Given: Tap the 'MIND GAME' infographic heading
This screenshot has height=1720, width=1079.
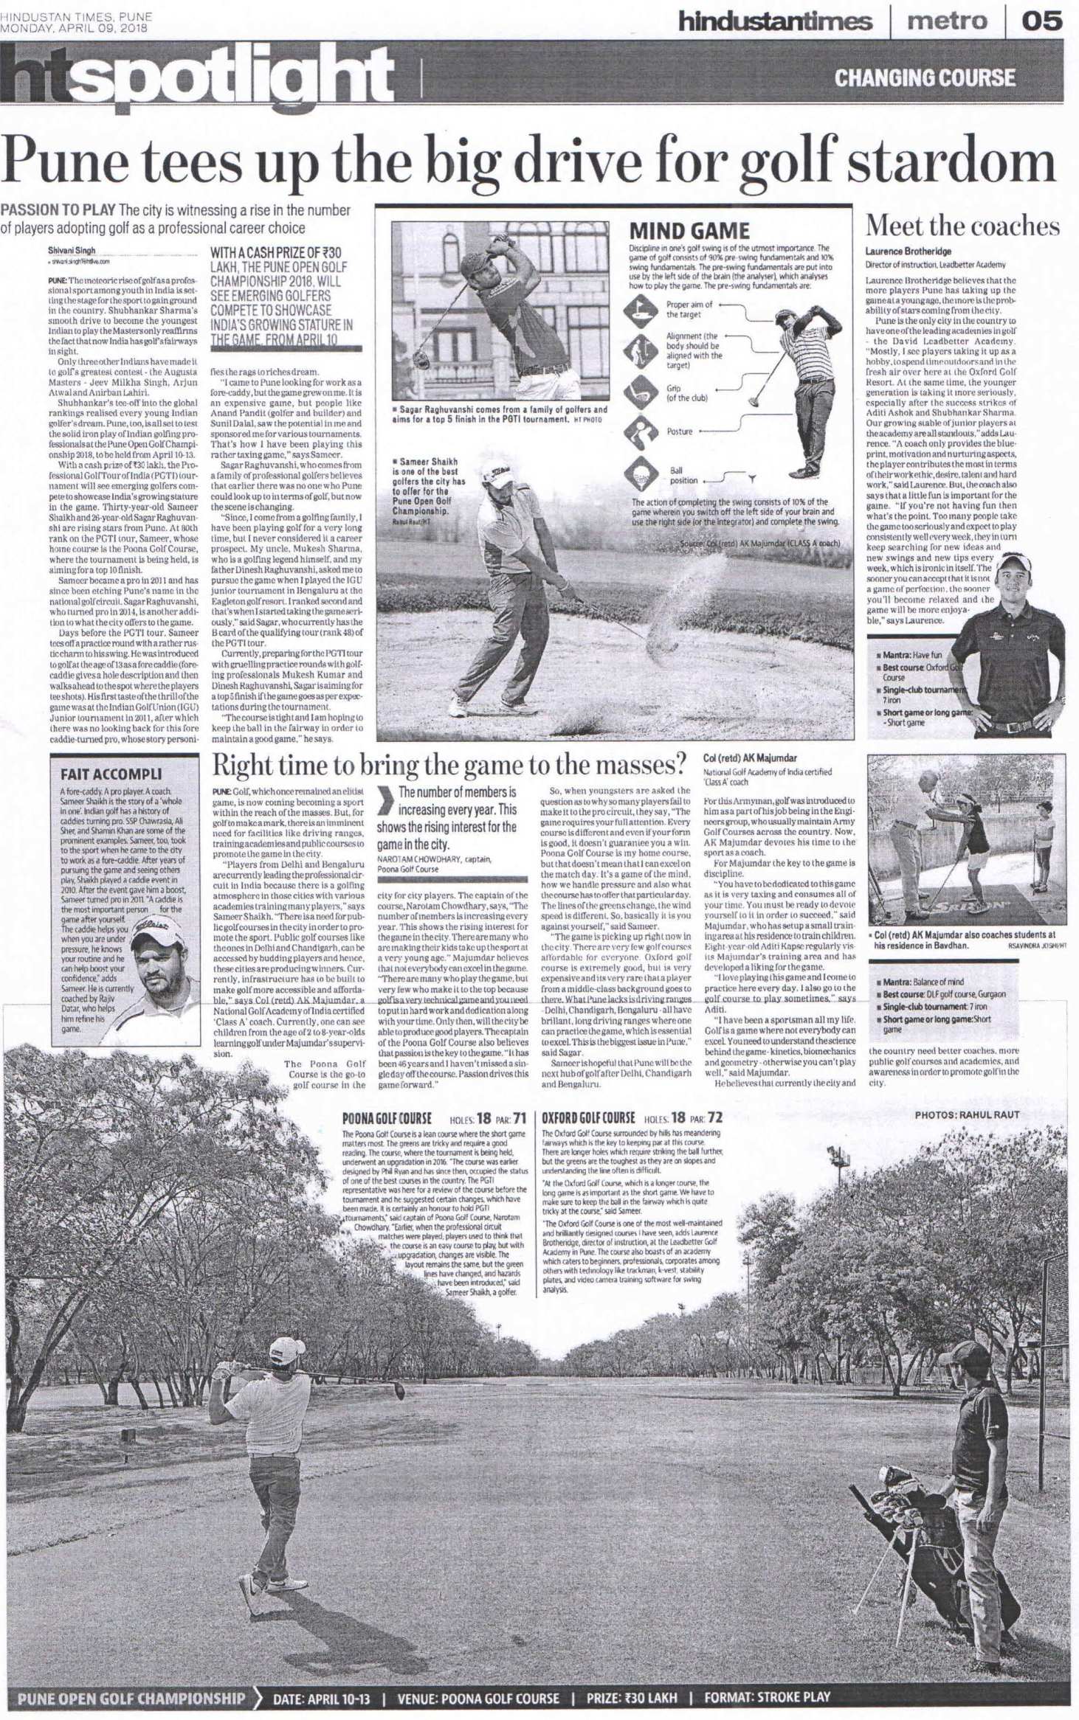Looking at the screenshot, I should [689, 231].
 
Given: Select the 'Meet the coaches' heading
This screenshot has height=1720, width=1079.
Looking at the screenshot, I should [962, 226].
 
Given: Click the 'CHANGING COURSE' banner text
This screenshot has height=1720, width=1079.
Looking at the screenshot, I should [925, 77].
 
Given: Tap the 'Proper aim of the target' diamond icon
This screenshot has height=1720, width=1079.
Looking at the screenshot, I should [638, 309].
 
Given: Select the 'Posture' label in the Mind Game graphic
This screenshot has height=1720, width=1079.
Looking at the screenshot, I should [680, 431].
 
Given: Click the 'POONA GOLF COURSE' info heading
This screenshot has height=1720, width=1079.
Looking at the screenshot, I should [387, 1119].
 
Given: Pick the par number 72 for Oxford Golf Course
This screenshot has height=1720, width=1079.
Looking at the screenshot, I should [714, 1118].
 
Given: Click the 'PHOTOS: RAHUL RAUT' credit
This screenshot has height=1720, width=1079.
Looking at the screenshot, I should [967, 1114].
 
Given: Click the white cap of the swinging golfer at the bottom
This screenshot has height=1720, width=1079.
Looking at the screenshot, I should [286, 1348].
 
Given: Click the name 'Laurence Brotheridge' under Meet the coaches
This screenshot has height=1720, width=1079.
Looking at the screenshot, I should [908, 252].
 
